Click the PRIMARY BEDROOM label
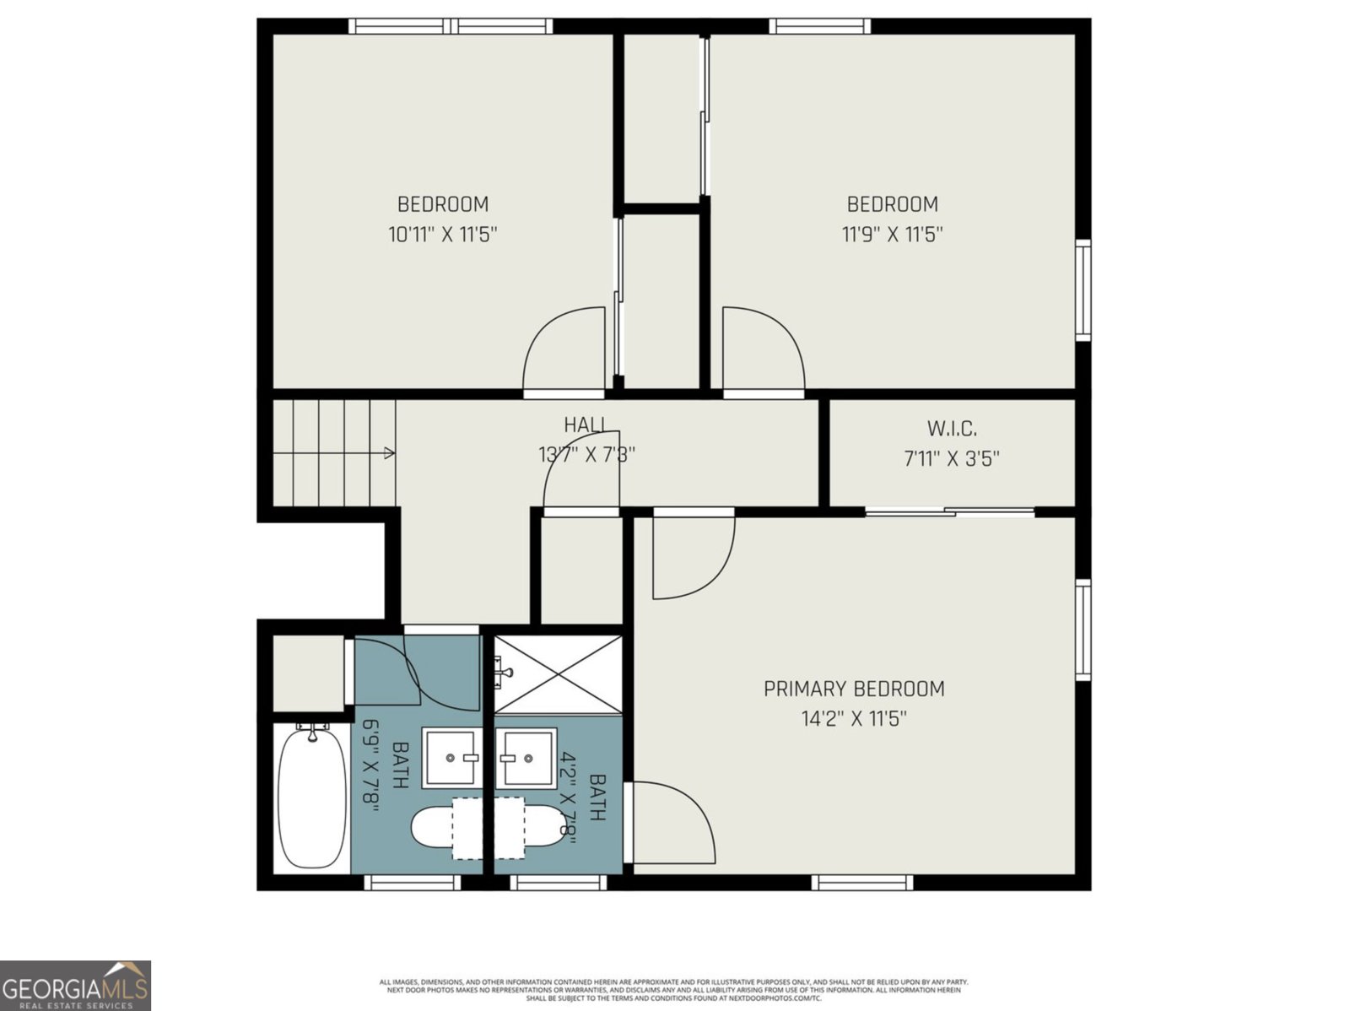(x=854, y=689)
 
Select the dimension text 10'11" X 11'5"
(x=443, y=235)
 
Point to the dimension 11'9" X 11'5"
(x=892, y=235)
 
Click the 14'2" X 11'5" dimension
(x=854, y=719)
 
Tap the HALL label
(x=586, y=425)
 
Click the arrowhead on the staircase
(x=389, y=453)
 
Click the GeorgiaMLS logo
(x=75, y=985)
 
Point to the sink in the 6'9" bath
(x=452, y=757)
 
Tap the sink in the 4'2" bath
(x=526, y=757)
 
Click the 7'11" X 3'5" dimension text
(x=952, y=459)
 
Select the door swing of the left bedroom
(x=564, y=350)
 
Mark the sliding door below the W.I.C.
(x=951, y=512)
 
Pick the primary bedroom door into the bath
(x=673, y=823)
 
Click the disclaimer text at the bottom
(x=673, y=990)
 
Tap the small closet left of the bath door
(x=308, y=673)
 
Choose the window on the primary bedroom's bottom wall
(x=862, y=883)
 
